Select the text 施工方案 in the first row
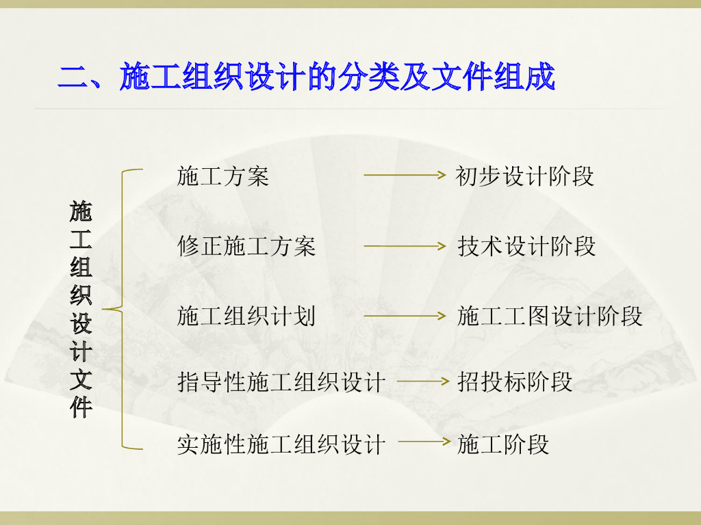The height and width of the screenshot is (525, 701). click(222, 176)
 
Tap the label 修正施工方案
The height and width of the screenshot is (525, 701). click(246, 246)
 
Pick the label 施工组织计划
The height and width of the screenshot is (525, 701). click(246, 316)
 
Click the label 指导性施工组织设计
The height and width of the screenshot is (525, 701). click(281, 382)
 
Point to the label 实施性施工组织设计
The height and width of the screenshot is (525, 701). click(281, 445)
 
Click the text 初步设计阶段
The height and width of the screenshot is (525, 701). click(524, 176)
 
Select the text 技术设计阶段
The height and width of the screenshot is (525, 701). click(526, 246)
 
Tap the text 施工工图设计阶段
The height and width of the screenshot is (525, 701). click(550, 316)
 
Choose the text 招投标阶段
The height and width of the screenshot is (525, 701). click(515, 382)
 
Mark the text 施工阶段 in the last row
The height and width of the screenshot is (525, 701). click(503, 445)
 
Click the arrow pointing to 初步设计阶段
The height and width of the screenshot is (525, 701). click(405, 175)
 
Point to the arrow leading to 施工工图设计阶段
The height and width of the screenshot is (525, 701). click(405, 316)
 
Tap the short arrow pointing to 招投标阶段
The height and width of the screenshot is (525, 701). click(422, 381)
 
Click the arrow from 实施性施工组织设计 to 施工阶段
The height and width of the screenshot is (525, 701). click(422, 442)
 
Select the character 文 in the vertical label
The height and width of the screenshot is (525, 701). click(81, 379)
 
